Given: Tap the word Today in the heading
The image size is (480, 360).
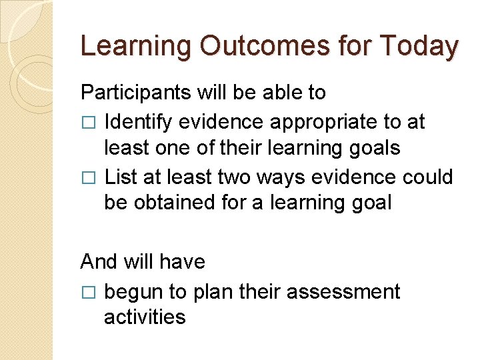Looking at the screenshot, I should point(419,46).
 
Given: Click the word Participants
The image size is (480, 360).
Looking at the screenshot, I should point(136,93).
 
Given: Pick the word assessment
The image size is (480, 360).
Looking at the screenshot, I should point(351,292).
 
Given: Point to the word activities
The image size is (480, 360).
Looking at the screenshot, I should point(144,317).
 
